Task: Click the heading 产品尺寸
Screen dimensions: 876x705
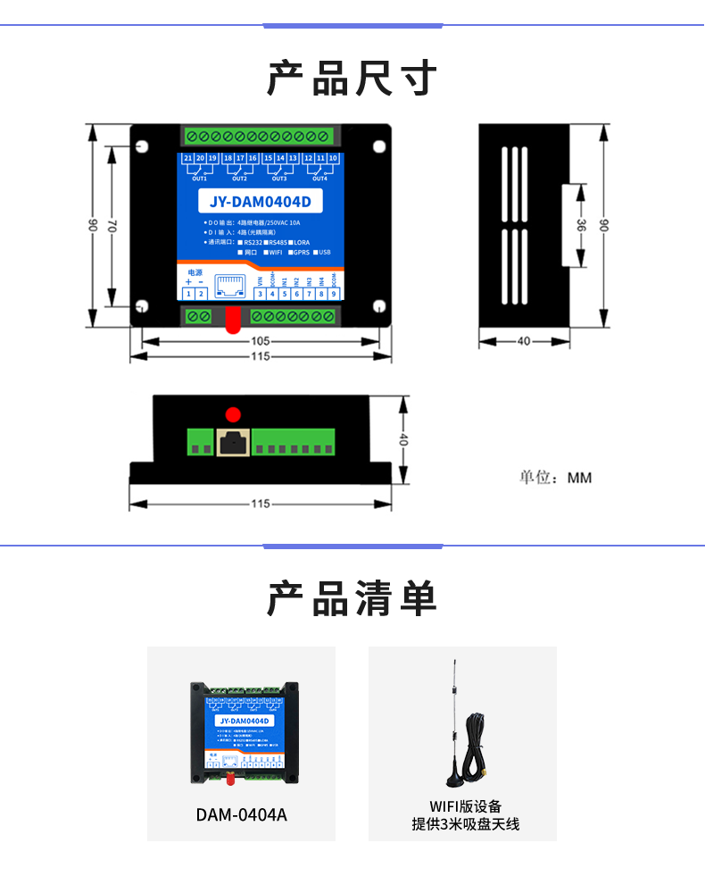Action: pos(352,79)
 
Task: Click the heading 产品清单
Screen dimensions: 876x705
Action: pos(352,598)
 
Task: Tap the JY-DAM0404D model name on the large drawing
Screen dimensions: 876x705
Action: pos(259,201)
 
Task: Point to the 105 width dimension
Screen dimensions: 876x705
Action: pos(260,341)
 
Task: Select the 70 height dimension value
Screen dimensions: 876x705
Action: pos(112,228)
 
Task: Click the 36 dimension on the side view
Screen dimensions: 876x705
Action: pos(581,226)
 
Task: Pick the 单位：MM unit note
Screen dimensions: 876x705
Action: pos(556,478)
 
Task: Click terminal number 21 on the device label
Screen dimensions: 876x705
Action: pos(188,158)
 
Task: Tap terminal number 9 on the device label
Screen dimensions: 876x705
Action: pos(334,294)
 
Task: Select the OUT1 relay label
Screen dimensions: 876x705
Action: pos(199,179)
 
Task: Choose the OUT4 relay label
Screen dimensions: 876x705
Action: pos(319,179)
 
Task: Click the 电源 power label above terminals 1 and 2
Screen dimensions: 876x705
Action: pos(195,271)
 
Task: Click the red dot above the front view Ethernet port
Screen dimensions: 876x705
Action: pos(234,414)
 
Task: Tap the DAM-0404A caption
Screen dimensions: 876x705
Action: pos(241,814)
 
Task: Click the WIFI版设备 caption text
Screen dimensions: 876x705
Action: pos(465,807)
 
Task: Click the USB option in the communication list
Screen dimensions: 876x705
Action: pos(324,252)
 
